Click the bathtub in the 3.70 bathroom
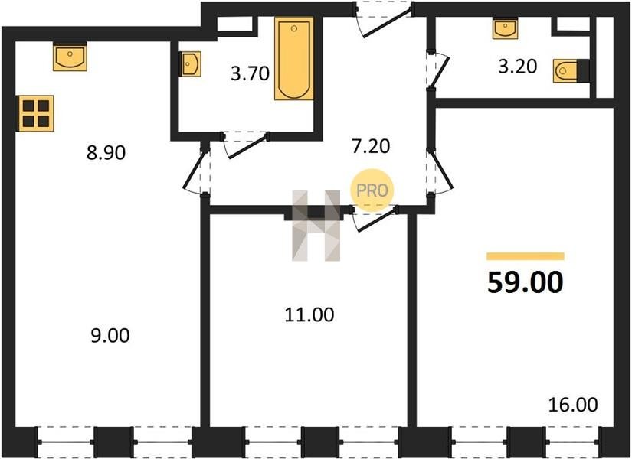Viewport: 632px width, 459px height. coord(294,58)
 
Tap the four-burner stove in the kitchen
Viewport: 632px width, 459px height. coord(36,113)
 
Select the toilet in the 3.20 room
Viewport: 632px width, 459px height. coord(565,71)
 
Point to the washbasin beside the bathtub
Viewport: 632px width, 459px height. coord(191,63)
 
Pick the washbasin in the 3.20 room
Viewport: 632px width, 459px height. coord(504,29)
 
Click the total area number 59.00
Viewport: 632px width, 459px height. coord(525,282)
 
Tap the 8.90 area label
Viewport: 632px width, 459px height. coord(106,153)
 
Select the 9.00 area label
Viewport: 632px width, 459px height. coord(110,336)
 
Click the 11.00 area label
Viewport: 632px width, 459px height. coord(309,315)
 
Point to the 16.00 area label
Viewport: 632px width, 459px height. coord(573,405)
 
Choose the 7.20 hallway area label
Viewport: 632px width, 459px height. coord(371,147)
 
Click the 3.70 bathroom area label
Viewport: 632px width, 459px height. coord(250,74)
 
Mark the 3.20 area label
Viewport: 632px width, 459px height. coord(518,67)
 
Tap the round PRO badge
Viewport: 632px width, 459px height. coord(372,190)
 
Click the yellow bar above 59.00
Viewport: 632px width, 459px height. coord(526,256)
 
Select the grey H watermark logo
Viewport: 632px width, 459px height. coord(316,226)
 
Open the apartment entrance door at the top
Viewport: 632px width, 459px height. coord(384,19)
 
